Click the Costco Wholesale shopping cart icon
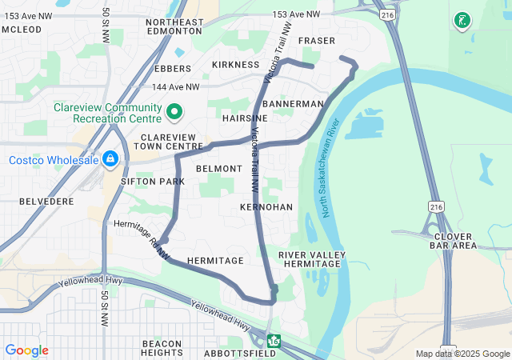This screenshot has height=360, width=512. tap(110, 160)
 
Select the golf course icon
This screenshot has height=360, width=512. tap(461, 21)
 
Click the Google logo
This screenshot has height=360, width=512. tap(26, 350)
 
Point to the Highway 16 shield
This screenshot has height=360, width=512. tap(274, 342)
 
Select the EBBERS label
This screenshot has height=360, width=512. tap(173, 69)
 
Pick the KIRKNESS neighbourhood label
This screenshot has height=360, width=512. tap(235, 64)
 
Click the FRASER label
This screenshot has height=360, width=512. tap(316, 40)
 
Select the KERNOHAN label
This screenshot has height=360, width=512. tap(266, 207)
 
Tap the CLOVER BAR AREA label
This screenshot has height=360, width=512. tap(454, 241)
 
